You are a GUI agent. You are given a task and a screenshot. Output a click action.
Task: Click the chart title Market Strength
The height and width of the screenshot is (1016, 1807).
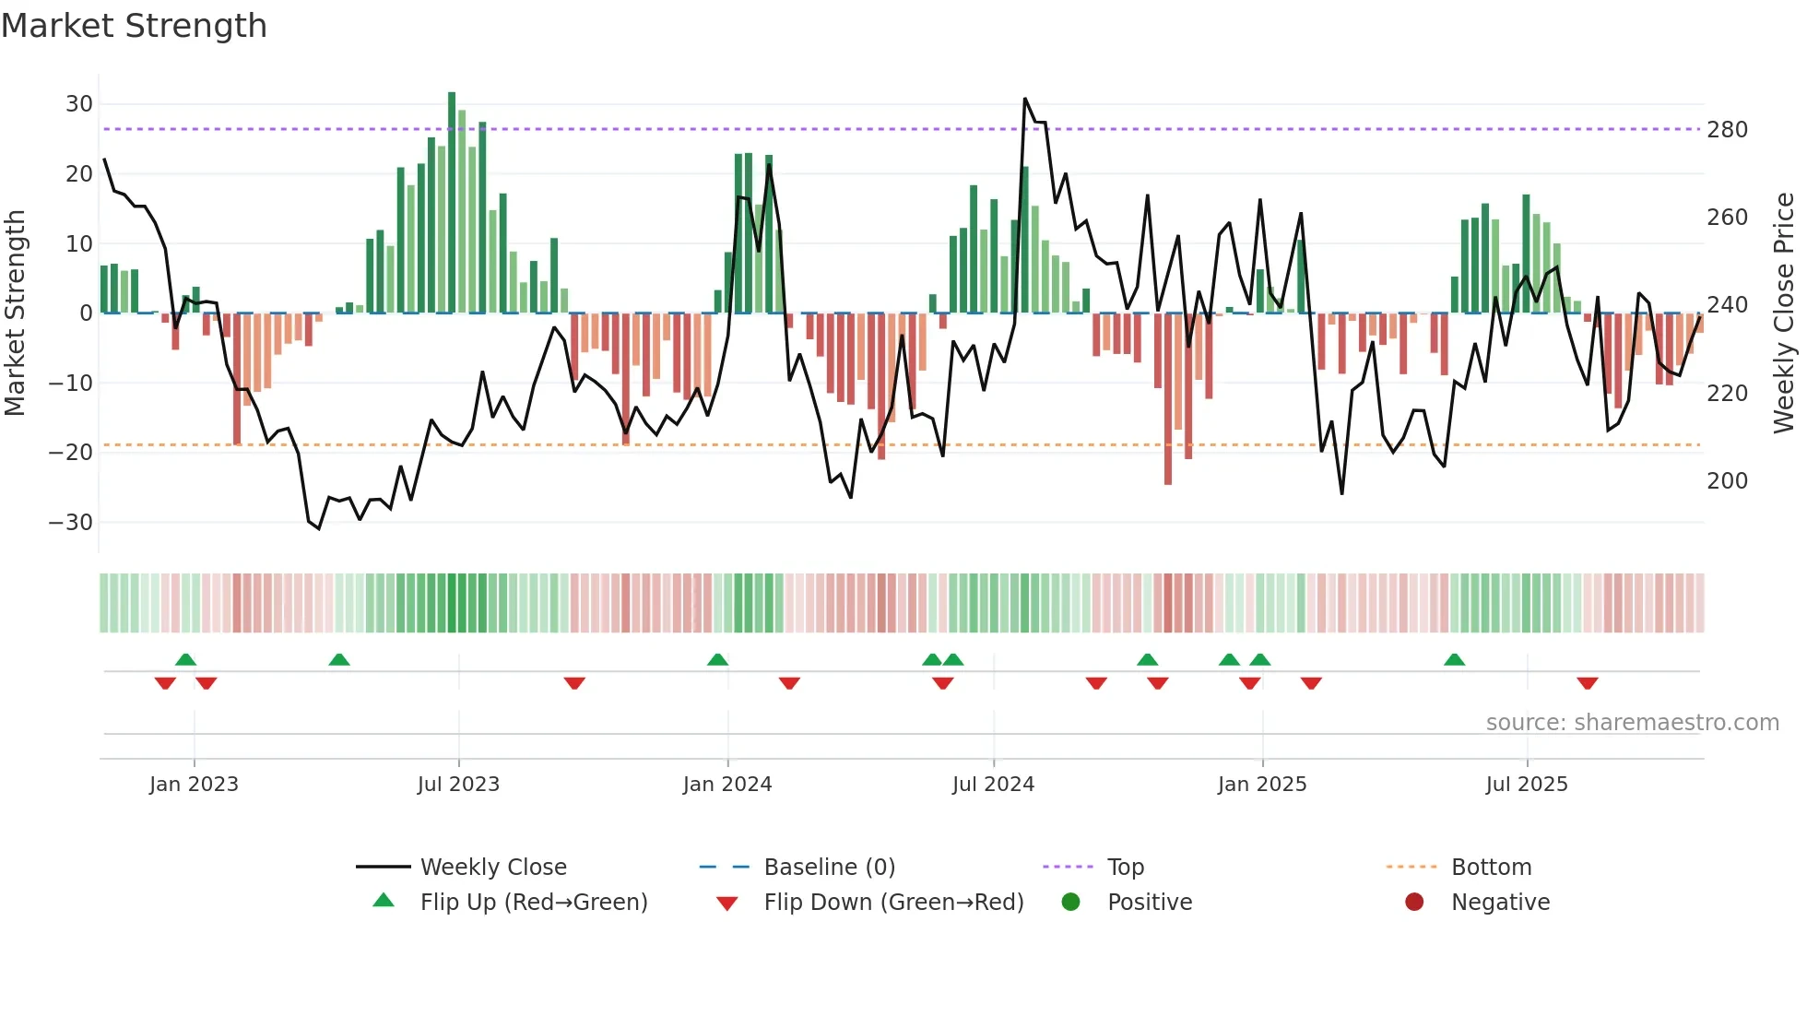point(134,26)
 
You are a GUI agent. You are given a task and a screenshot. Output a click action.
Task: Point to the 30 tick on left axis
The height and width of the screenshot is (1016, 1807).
point(79,104)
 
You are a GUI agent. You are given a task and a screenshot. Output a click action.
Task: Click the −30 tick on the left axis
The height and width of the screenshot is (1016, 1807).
point(71,522)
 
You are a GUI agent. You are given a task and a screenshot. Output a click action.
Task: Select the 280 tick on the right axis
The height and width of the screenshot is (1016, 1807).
point(1727,130)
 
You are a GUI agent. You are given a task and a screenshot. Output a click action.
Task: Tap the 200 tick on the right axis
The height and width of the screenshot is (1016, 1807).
point(1727,481)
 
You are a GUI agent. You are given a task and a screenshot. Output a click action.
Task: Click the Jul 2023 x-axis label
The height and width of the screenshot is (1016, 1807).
point(458,785)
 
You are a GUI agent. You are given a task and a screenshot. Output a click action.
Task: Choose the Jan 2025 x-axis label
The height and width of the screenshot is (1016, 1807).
point(1262,785)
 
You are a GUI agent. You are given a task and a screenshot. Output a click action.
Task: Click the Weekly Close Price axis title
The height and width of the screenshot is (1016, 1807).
point(1784,313)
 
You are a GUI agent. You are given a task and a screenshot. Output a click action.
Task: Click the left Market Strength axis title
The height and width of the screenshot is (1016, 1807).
point(15,313)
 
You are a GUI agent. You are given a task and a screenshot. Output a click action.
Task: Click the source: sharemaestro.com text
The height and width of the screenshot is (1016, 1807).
point(1632,723)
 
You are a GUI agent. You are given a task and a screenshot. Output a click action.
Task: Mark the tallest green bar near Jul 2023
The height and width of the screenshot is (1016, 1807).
point(452,203)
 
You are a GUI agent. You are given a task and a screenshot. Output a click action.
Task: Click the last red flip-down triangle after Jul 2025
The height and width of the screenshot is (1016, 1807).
point(1588,683)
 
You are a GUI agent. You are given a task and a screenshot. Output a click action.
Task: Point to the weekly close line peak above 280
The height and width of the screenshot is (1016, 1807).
point(1025,99)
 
